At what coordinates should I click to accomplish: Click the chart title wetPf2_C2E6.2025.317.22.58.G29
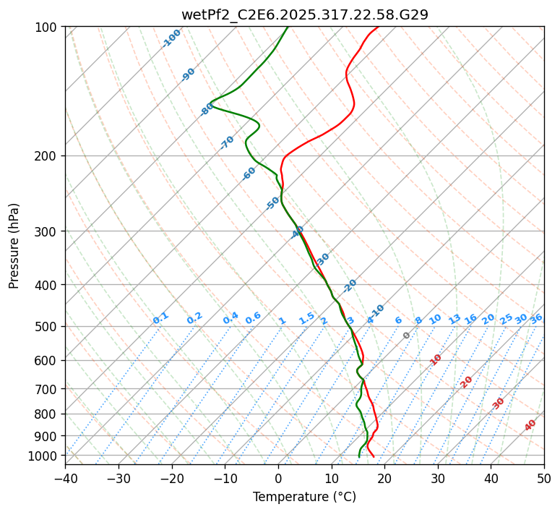click(304, 14)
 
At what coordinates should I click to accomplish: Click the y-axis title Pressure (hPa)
click(14, 246)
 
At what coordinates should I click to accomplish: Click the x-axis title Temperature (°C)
click(304, 498)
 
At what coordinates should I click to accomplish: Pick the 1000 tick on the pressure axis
click(44, 456)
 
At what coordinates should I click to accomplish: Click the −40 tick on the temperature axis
click(65, 479)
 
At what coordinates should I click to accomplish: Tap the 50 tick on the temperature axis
click(544, 479)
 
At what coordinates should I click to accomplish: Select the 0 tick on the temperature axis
click(278, 479)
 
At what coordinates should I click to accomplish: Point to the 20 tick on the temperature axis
click(384, 479)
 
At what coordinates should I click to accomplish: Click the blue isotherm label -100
click(172, 38)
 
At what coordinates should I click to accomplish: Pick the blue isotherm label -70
click(227, 142)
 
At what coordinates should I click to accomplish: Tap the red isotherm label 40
click(530, 425)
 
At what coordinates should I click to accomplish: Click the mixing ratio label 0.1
click(160, 318)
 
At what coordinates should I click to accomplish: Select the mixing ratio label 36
click(536, 319)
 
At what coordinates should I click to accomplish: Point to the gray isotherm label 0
click(407, 336)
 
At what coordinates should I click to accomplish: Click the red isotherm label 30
click(499, 404)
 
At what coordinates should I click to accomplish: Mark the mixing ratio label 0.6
click(253, 319)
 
